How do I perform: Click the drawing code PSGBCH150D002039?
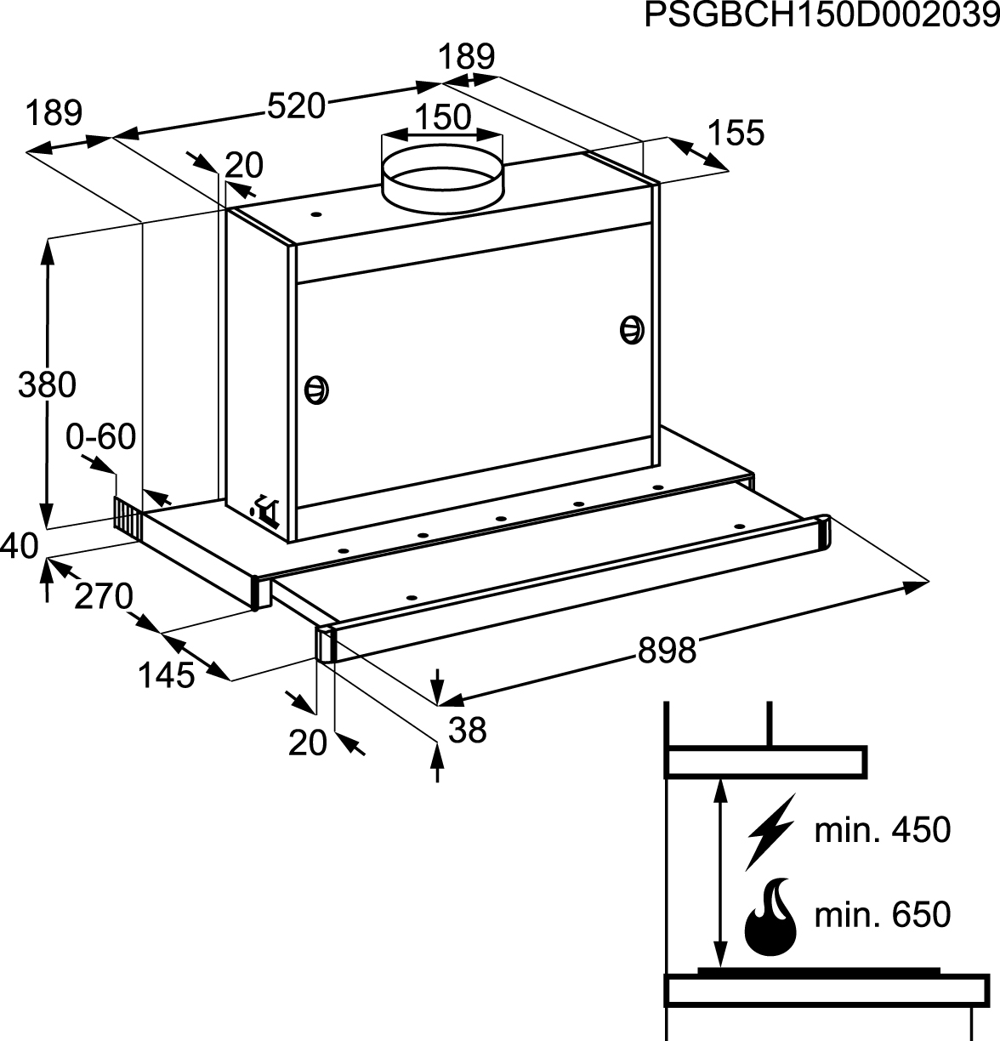[x=821, y=15]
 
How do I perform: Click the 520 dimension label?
[x=296, y=106]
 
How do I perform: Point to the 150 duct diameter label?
[x=442, y=117]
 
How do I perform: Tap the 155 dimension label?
[x=736, y=133]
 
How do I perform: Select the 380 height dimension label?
[x=48, y=385]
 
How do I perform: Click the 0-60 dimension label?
[x=101, y=437]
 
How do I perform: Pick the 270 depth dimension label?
[x=103, y=596]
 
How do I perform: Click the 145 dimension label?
[x=167, y=675]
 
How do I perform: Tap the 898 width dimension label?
[x=668, y=651]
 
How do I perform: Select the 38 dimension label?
[x=467, y=730]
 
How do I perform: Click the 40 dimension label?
[x=19, y=545]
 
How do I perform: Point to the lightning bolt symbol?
[x=770, y=831]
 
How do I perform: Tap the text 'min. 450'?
[x=882, y=830]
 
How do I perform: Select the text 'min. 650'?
[x=882, y=915]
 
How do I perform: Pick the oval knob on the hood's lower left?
[x=317, y=390]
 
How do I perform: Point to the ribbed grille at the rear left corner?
[x=128, y=517]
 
